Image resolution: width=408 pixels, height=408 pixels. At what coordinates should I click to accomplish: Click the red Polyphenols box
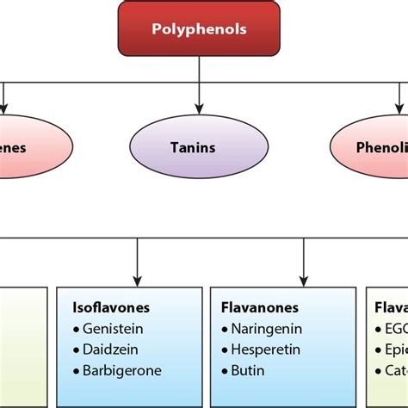(x=199, y=29)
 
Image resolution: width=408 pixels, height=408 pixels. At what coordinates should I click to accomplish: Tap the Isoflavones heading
(x=111, y=307)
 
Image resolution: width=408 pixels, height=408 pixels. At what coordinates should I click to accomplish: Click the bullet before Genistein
(x=76, y=329)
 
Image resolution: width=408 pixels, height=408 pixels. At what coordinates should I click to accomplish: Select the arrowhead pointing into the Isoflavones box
(x=137, y=281)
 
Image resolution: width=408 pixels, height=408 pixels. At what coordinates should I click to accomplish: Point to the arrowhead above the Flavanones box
(x=303, y=281)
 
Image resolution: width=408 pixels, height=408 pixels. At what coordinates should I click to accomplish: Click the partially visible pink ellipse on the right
(x=374, y=147)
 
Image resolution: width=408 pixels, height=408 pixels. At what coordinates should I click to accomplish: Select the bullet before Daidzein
(x=76, y=349)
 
